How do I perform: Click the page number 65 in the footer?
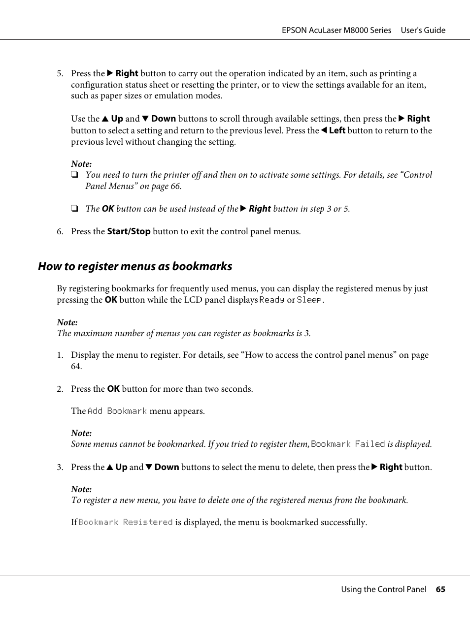[x=440, y=589]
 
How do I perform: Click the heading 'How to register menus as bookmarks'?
[x=135, y=266]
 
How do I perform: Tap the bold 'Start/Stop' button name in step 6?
[x=129, y=231]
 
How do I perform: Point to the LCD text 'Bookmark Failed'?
[x=348, y=444]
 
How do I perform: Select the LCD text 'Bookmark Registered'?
[x=126, y=522]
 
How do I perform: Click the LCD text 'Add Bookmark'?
[x=117, y=411]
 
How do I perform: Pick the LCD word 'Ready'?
[x=272, y=300]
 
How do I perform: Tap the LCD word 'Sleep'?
[x=309, y=300]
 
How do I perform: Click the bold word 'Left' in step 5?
[x=337, y=130]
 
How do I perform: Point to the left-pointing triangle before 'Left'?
[x=324, y=130]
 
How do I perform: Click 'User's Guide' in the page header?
[x=423, y=30]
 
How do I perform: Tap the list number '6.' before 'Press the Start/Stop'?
[x=60, y=231]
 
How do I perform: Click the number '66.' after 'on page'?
[x=176, y=186]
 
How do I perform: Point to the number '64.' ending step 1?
[x=76, y=366]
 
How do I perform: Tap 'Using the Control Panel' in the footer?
[x=384, y=589]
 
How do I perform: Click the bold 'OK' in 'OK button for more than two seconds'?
[x=113, y=389]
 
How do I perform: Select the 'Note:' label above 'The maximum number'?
[x=67, y=322]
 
